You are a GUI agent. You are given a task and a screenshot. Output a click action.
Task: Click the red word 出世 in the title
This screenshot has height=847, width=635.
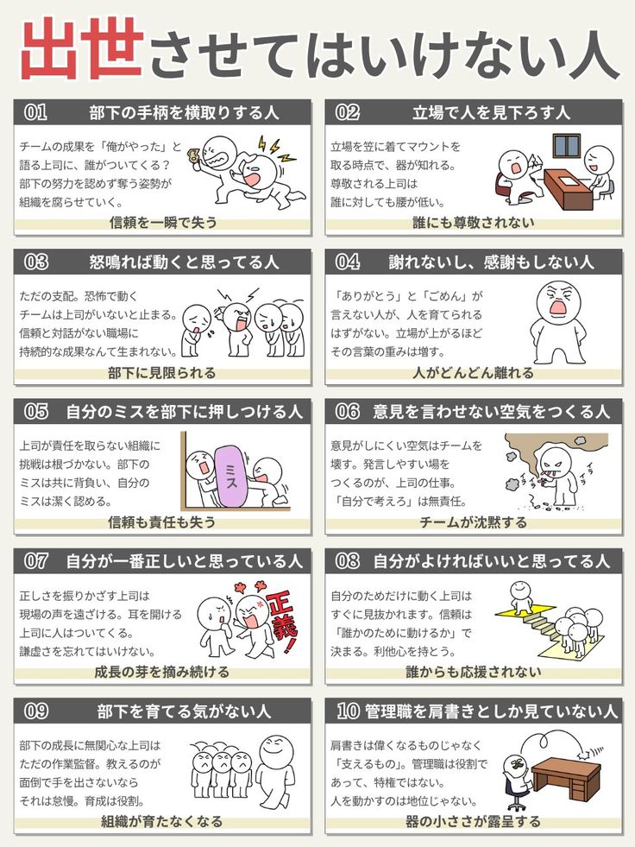(x=82, y=48)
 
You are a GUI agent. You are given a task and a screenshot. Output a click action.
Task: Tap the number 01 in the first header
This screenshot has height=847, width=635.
(x=35, y=112)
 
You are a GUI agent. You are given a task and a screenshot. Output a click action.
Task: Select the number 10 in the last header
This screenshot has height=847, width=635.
(x=348, y=711)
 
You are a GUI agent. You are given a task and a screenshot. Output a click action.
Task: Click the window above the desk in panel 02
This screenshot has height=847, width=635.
(x=566, y=145)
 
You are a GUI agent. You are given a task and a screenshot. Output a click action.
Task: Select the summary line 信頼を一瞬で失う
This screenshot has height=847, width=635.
(x=163, y=223)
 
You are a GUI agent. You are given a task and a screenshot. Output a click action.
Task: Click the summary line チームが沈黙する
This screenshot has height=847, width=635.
(x=473, y=522)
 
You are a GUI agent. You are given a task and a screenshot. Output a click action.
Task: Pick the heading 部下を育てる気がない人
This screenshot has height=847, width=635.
(x=184, y=711)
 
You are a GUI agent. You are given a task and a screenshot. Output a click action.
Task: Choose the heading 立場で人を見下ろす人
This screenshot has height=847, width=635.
(x=491, y=112)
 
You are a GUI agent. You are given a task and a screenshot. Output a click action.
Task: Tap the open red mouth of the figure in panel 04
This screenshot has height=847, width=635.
(x=556, y=307)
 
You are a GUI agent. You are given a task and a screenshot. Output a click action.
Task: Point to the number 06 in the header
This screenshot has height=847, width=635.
(x=347, y=412)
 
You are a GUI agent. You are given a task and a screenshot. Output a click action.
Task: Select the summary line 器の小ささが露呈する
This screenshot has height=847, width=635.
(x=473, y=822)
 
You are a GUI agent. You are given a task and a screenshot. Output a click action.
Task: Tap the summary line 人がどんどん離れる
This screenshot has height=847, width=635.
(x=473, y=373)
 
